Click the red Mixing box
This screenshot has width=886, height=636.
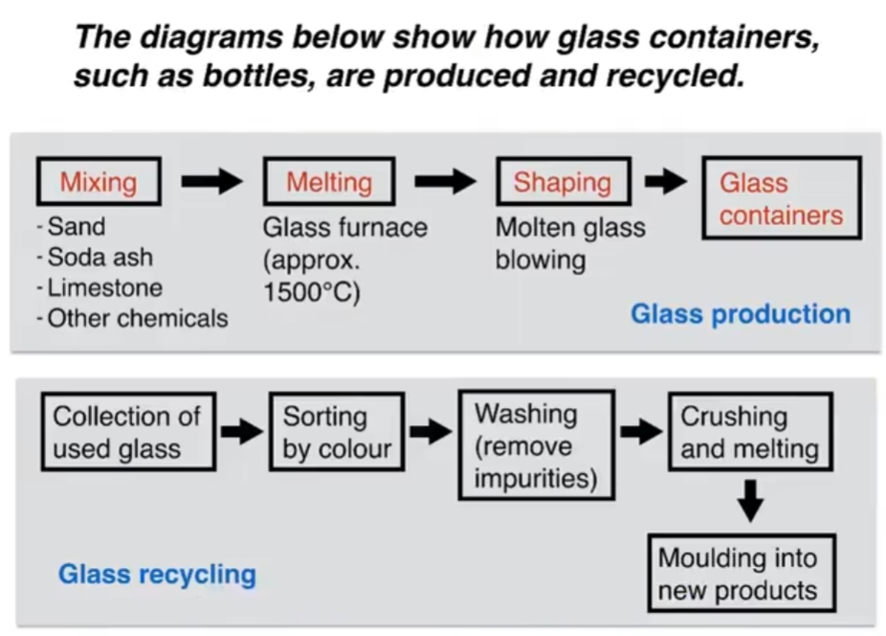pyautogui.click(x=99, y=182)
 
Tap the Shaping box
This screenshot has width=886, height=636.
pyautogui.click(x=563, y=182)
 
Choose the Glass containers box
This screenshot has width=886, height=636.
pyautogui.click(x=782, y=198)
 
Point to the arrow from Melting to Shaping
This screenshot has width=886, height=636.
pyautogui.click(x=445, y=181)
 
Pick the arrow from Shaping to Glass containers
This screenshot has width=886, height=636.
pyautogui.click(x=666, y=181)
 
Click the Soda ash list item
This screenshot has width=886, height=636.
pyautogui.click(x=100, y=258)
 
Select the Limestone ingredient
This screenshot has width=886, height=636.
pyautogui.click(x=104, y=287)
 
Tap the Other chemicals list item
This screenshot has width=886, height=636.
pyautogui.click(x=137, y=318)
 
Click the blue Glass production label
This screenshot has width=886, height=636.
pyautogui.click(x=740, y=314)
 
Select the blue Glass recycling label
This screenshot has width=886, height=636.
pyautogui.click(x=157, y=574)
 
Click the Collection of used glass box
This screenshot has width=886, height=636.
pyautogui.click(x=127, y=432)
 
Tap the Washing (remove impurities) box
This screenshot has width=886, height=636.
pyautogui.click(x=536, y=445)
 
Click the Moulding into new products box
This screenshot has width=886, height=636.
pyautogui.click(x=737, y=574)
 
